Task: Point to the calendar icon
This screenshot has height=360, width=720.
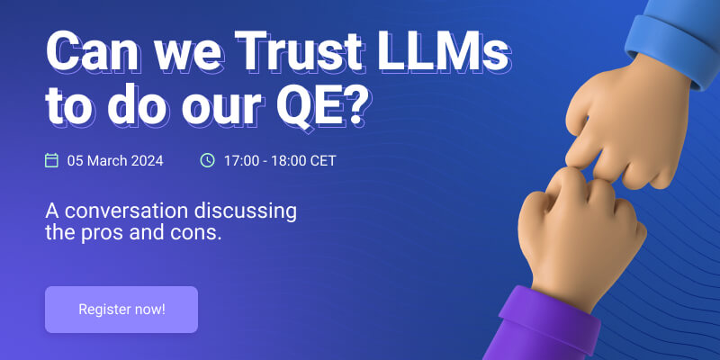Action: click(52, 160)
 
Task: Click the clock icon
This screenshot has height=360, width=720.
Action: click(208, 160)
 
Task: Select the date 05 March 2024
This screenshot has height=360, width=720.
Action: click(115, 161)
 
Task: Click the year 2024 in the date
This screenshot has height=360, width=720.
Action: click(147, 161)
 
